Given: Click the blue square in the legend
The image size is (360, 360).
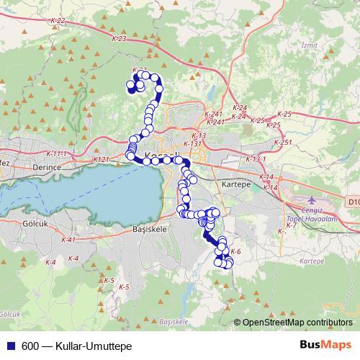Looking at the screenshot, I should click(x=11, y=346).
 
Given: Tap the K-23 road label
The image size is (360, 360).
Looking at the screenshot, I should click(x=120, y=38).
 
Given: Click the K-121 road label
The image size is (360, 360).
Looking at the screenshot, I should click(x=101, y=159).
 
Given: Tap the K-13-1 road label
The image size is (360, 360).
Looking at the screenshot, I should click(x=256, y=158).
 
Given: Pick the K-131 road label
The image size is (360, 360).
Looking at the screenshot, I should click(x=192, y=143).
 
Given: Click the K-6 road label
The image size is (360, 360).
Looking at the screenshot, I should click(x=235, y=251).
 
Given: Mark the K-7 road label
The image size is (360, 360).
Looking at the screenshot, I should click(x=292, y=226).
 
